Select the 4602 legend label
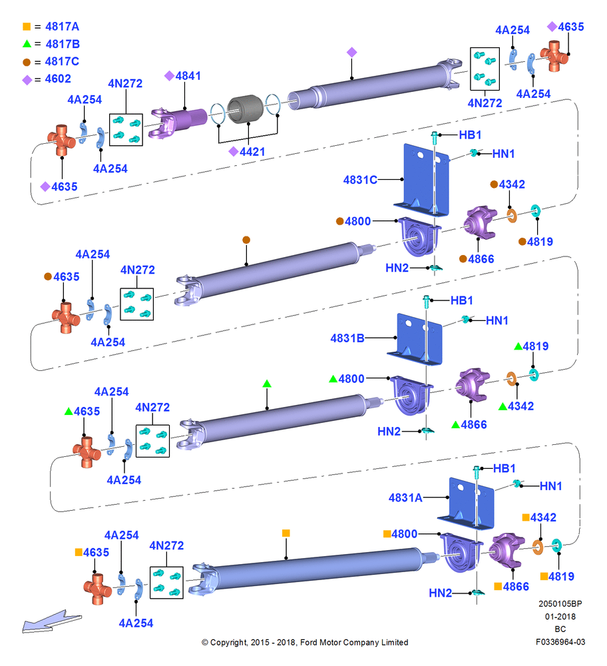point(58,79)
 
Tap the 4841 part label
point(188,76)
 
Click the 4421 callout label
point(252,152)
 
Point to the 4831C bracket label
point(360,180)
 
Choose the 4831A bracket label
point(405,498)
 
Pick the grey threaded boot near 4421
point(246,109)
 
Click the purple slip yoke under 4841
point(178,123)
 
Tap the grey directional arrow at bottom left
point(51,622)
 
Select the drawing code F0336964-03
point(560,642)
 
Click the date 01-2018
point(560,616)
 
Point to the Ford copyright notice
point(305,642)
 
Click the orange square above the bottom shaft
point(286,533)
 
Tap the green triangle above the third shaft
point(267,384)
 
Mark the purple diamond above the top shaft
point(351,52)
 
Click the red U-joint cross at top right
point(554,56)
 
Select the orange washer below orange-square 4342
point(538,547)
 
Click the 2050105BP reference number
point(560,603)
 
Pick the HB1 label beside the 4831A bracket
point(505,468)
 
